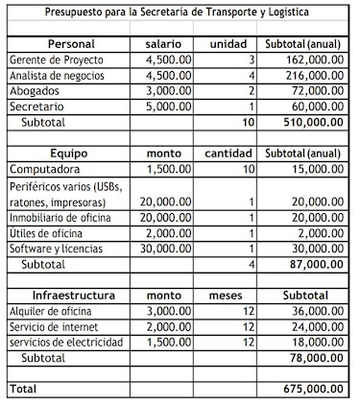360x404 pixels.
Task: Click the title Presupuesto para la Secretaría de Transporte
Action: point(180,11)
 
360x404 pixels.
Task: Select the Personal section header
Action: point(64,44)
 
